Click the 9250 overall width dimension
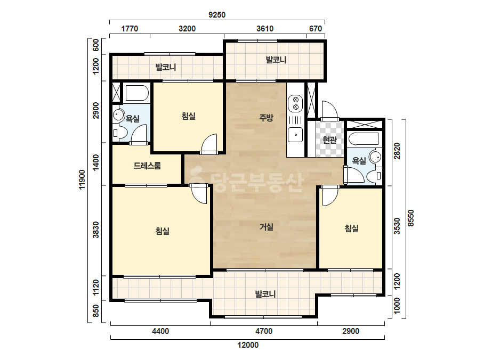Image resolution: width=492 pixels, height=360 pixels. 217,15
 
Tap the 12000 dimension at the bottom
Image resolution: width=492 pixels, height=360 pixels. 248,345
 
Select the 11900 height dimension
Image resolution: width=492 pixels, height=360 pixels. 82,179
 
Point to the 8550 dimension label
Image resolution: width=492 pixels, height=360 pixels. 411,218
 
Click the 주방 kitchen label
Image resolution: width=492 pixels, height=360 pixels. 266,118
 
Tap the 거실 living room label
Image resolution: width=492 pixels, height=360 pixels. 267,226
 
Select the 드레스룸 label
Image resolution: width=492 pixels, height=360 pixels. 147,165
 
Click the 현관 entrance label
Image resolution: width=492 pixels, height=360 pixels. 329,140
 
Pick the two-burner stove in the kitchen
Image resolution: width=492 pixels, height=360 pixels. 295,103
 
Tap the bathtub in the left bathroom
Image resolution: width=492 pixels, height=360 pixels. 137,93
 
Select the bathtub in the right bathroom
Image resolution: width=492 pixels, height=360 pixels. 364,138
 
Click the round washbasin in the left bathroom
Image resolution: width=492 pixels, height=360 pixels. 119,115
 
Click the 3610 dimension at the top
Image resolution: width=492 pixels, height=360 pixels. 265,29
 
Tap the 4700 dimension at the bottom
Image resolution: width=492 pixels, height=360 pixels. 263,331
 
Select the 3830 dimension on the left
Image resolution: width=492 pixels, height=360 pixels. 96,230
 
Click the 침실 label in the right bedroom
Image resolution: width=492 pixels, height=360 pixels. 351,228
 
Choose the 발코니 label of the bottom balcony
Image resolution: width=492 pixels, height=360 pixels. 265,294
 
